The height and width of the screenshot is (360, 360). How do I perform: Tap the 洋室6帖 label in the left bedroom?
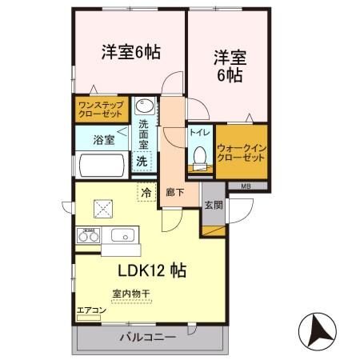click(x=130, y=52)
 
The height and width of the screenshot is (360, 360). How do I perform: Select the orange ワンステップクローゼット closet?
click(x=99, y=109)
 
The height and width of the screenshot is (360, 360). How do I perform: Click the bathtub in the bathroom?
click(x=100, y=166)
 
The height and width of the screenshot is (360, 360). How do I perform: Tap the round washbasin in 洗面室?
click(x=145, y=106)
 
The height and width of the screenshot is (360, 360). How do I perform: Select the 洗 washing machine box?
click(x=142, y=161)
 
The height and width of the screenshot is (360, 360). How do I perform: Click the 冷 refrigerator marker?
click(x=146, y=192)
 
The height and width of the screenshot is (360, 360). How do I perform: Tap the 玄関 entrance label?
click(x=214, y=204)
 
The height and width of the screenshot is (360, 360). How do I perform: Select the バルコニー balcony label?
click(x=148, y=337)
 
